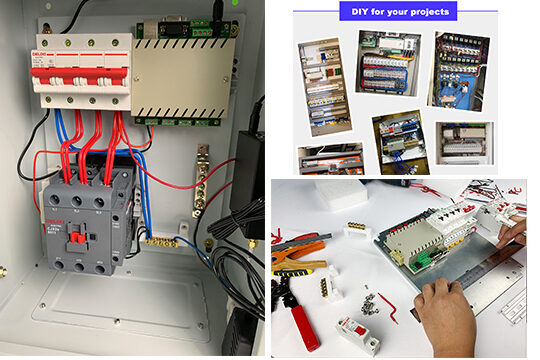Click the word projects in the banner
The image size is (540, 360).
pos(428,12)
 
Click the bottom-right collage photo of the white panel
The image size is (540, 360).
pos(466,143)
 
